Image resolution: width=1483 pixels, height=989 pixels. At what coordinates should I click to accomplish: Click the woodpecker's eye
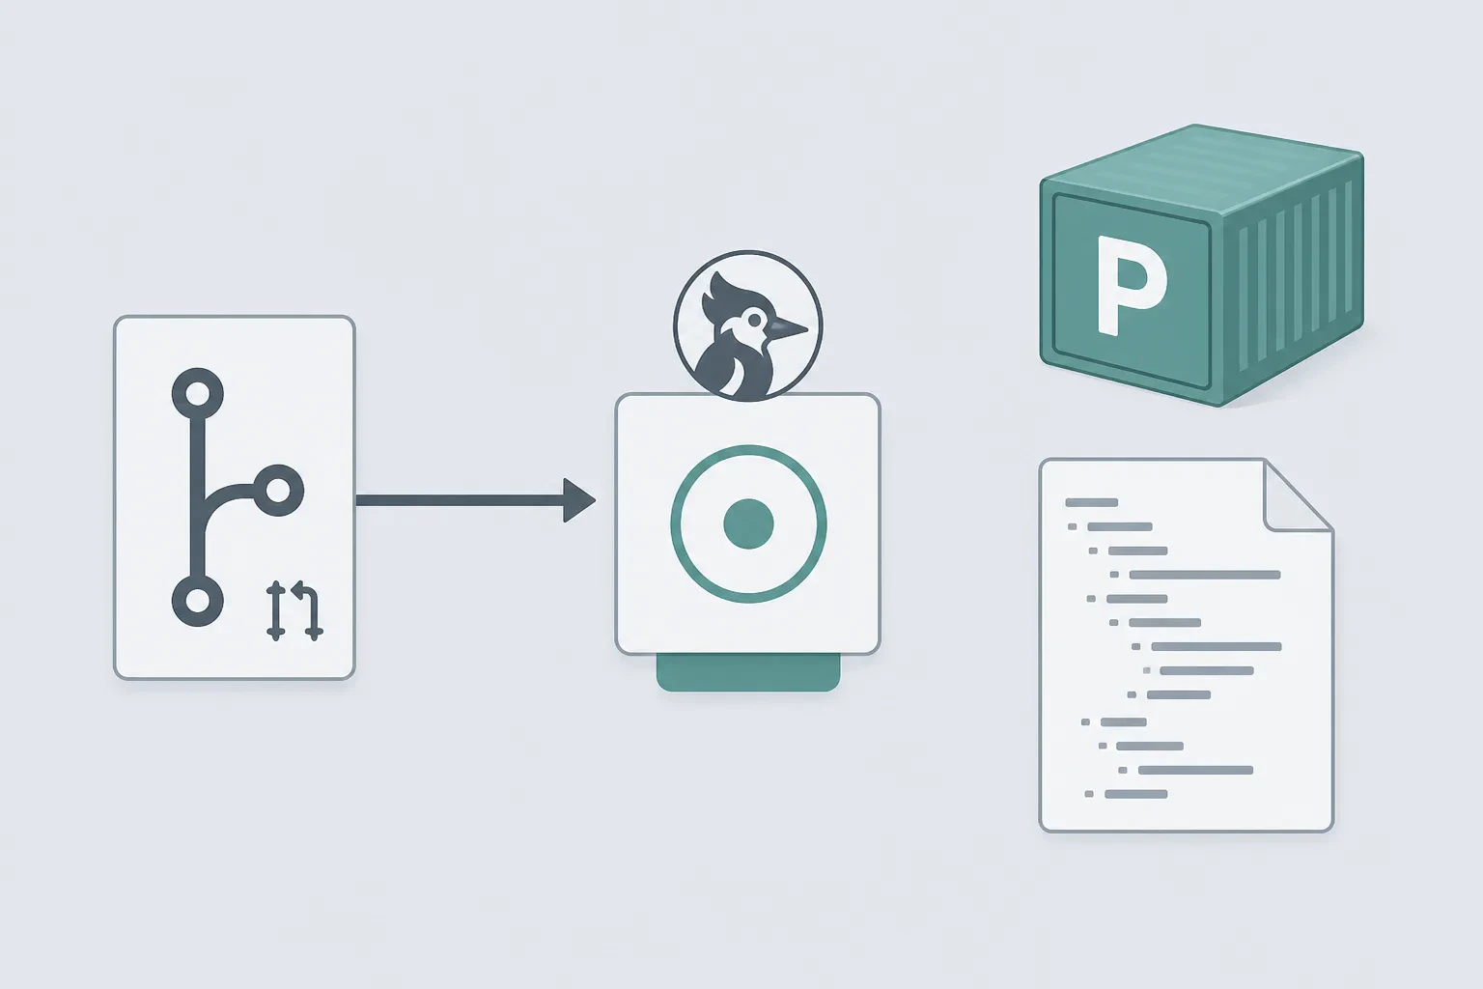pos(754,321)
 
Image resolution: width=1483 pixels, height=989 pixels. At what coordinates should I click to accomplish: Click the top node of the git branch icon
pos(197,394)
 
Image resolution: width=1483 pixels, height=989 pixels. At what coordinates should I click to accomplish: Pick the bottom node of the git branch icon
pos(197,601)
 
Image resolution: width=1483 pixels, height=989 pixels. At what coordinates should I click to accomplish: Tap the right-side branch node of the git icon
pos(278,491)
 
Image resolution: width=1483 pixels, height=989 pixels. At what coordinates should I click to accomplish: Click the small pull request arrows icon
pos(294,610)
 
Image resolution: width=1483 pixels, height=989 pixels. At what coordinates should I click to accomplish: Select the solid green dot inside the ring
pos(748,524)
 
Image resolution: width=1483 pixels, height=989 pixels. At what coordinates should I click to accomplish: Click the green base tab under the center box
pos(748,673)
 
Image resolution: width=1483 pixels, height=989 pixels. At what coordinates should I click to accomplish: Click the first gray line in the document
pos(1092,503)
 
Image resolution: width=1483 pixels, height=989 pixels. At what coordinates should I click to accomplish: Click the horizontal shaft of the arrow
pos(461,500)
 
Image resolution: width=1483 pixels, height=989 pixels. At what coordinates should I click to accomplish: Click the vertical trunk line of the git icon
pos(197,497)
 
